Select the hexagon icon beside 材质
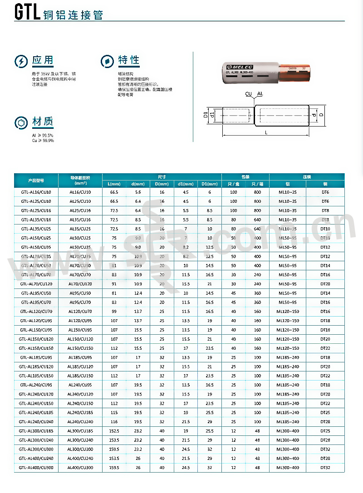pyautogui.click(x=20, y=122)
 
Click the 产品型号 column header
pyautogui.click(x=36, y=181)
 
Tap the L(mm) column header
pyautogui.click(x=114, y=184)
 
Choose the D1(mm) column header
pyautogui.click(x=210, y=184)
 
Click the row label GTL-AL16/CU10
pyautogui.click(x=36, y=192)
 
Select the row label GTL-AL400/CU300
pyautogui.click(x=36, y=468)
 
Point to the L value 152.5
pyautogui.click(x=114, y=431)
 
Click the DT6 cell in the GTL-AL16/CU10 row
pyautogui.click(x=325, y=192)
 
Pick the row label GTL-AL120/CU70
pyautogui.click(x=36, y=312)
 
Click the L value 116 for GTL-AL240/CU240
pyautogui.click(x=114, y=422)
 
